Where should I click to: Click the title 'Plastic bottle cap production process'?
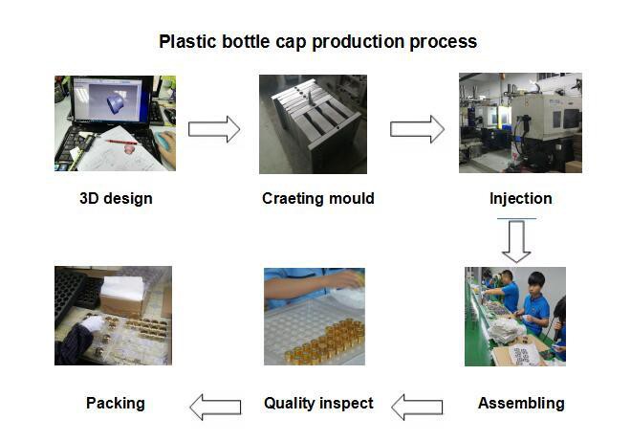click(317, 42)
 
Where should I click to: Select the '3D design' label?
click(116, 199)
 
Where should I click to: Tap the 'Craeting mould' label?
click(317, 199)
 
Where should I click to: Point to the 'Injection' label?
click(520, 199)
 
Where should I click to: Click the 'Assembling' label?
click(521, 403)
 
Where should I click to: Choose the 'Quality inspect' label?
click(318, 403)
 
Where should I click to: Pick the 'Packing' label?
click(116, 403)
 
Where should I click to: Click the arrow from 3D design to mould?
click(213, 129)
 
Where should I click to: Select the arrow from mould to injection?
click(417, 129)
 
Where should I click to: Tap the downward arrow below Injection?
click(516, 242)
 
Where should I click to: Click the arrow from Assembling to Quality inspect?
click(417, 407)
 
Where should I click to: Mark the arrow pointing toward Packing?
click(214, 407)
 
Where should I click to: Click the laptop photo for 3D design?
click(115, 123)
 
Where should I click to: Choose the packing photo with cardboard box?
click(113, 316)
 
